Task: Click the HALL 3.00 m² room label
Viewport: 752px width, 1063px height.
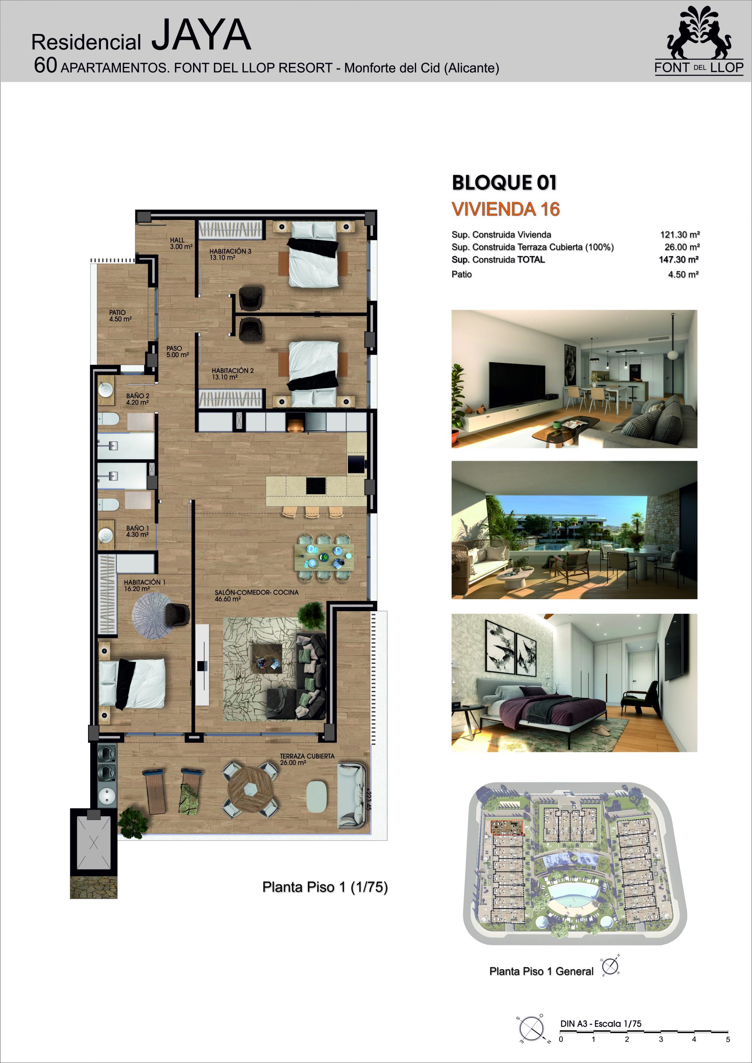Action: point(181,243)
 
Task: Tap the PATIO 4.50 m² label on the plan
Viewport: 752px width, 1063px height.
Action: point(120,316)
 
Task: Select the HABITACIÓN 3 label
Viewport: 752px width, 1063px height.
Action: point(230,255)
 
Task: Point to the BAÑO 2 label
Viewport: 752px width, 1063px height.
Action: point(137,399)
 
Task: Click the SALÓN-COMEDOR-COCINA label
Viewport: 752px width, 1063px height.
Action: point(257,595)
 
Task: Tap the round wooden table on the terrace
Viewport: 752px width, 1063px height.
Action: point(250,790)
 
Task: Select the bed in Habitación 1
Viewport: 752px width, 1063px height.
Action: point(132,683)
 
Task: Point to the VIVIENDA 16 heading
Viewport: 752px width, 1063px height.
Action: point(506,209)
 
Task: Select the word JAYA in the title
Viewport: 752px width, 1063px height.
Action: point(201,35)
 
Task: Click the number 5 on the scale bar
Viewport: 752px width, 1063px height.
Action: point(728,1039)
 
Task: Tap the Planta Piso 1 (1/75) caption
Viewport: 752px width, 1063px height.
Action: point(325,887)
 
